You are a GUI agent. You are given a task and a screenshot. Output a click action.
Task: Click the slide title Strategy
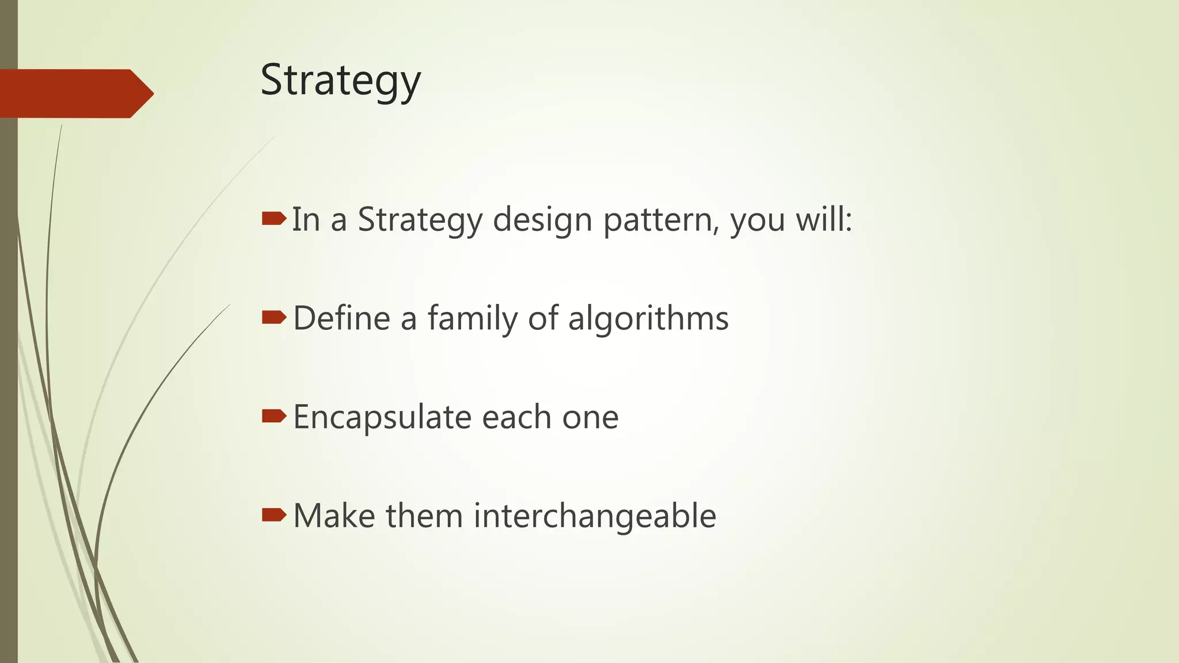(x=340, y=81)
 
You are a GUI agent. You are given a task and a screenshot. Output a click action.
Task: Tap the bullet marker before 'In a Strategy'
(x=273, y=218)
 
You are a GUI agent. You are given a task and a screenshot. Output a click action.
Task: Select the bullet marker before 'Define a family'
(x=273, y=317)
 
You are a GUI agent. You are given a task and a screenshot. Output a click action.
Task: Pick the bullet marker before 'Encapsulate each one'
(x=273, y=416)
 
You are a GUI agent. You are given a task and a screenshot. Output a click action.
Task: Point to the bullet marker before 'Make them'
(x=273, y=515)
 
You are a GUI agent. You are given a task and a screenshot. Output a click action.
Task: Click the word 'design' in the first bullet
(x=542, y=220)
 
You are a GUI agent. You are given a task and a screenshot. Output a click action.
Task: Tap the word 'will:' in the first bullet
(x=824, y=220)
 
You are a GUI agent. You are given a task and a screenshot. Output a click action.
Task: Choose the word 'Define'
(x=341, y=318)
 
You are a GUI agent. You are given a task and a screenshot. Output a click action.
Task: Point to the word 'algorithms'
(x=648, y=318)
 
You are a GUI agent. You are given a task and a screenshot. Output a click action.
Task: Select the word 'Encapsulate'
(x=382, y=417)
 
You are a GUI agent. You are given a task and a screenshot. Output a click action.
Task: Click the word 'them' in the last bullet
(x=424, y=516)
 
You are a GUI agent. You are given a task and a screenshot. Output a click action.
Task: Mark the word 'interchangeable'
(x=595, y=516)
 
